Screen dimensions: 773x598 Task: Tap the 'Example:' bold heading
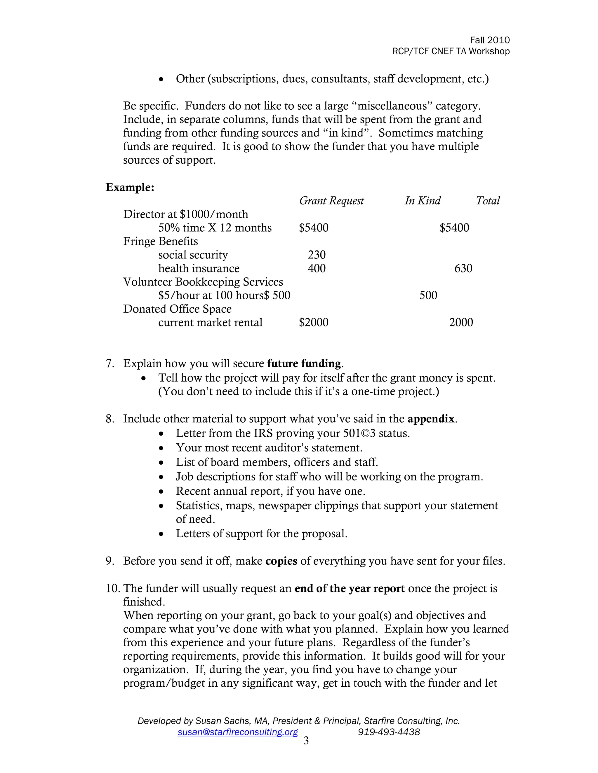click(130, 187)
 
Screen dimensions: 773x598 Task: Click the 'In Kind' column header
click(422, 201)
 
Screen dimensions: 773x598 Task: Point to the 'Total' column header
click(487, 201)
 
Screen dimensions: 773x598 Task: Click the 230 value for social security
click(316, 255)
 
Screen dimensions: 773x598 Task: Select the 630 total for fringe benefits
click(463, 268)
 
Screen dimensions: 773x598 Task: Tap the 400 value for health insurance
click(316, 268)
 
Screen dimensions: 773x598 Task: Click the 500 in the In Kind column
click(428, 295)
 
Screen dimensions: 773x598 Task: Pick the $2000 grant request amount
click(313, 322)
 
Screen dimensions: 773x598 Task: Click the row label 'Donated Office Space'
click(177, 309)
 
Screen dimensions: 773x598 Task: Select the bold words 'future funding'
click(304, 363)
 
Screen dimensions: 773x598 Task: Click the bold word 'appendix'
click(431, 419)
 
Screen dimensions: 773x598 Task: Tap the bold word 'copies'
click(281, 561)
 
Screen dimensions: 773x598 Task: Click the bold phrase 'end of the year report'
click(349, 589)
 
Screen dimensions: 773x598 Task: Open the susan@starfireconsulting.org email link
click(238, 732)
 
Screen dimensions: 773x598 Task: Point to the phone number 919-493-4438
click(389, 732)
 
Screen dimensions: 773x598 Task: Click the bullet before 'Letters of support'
click(161, 534)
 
